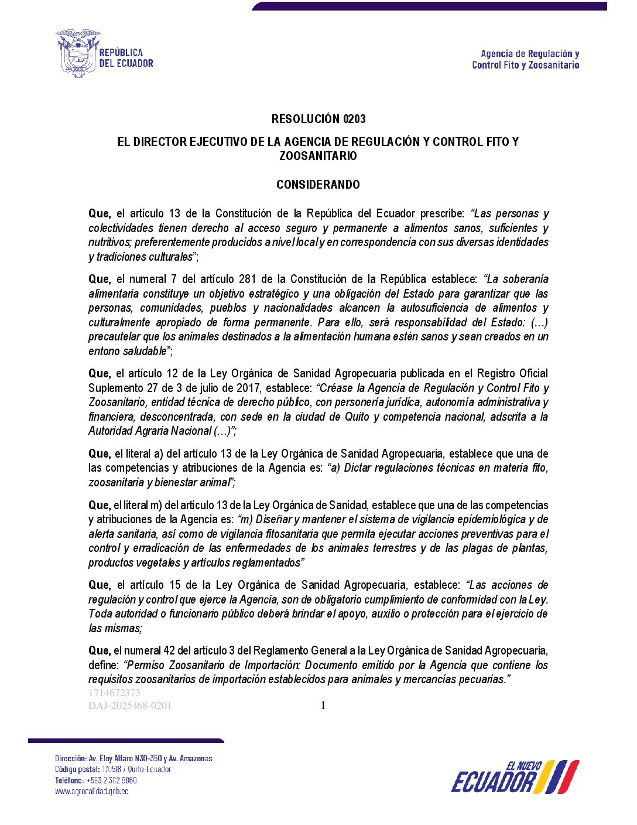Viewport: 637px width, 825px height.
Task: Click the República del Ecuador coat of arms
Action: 77,53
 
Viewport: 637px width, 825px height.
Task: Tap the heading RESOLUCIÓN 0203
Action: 318,119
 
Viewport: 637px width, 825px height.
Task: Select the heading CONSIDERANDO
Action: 318,185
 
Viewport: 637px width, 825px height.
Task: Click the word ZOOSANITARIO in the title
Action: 318,156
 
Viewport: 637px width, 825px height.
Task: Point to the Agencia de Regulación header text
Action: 525,59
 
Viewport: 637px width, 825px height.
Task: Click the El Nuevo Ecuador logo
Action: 515,777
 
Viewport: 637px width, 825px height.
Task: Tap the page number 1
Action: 323,705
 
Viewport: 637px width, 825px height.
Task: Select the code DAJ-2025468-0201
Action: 130,705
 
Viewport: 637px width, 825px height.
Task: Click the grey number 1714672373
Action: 114,693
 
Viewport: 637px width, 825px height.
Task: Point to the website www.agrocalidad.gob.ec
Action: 91,791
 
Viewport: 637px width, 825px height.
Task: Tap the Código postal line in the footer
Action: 113,769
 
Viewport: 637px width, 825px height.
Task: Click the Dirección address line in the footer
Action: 133,758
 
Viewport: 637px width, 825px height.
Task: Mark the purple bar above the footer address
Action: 126,741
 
